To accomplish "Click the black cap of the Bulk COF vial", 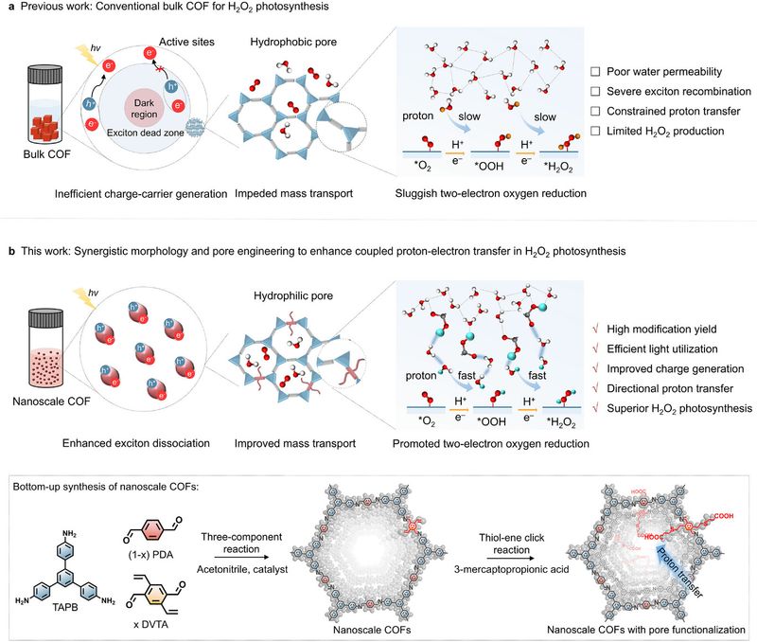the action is click(x=45, y=75).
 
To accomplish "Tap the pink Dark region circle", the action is click(x=144, y=108).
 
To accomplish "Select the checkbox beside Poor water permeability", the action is click(x=596, y=72).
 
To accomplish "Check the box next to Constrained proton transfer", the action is click(x=596, y=111).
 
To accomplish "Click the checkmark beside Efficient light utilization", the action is click(x=596, y=348).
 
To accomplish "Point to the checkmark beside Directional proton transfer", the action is click(x=596, y=388).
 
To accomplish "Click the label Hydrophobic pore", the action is click(x=293, y=42).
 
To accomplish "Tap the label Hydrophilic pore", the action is click(x=293, y=295).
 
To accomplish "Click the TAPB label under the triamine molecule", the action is click(x=65, y=607).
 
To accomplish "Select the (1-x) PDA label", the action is click(x=150, y=555).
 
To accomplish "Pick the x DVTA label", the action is click(x=150, y=624).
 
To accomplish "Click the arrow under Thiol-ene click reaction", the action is click(x=511, y=558).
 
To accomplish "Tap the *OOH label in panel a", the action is click(x=489, y=166).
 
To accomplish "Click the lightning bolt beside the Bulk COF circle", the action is click(x=86, y=54).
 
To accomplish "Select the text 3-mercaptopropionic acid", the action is click(x=511, y=569).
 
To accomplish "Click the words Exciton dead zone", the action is click(x=146, y=133).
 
